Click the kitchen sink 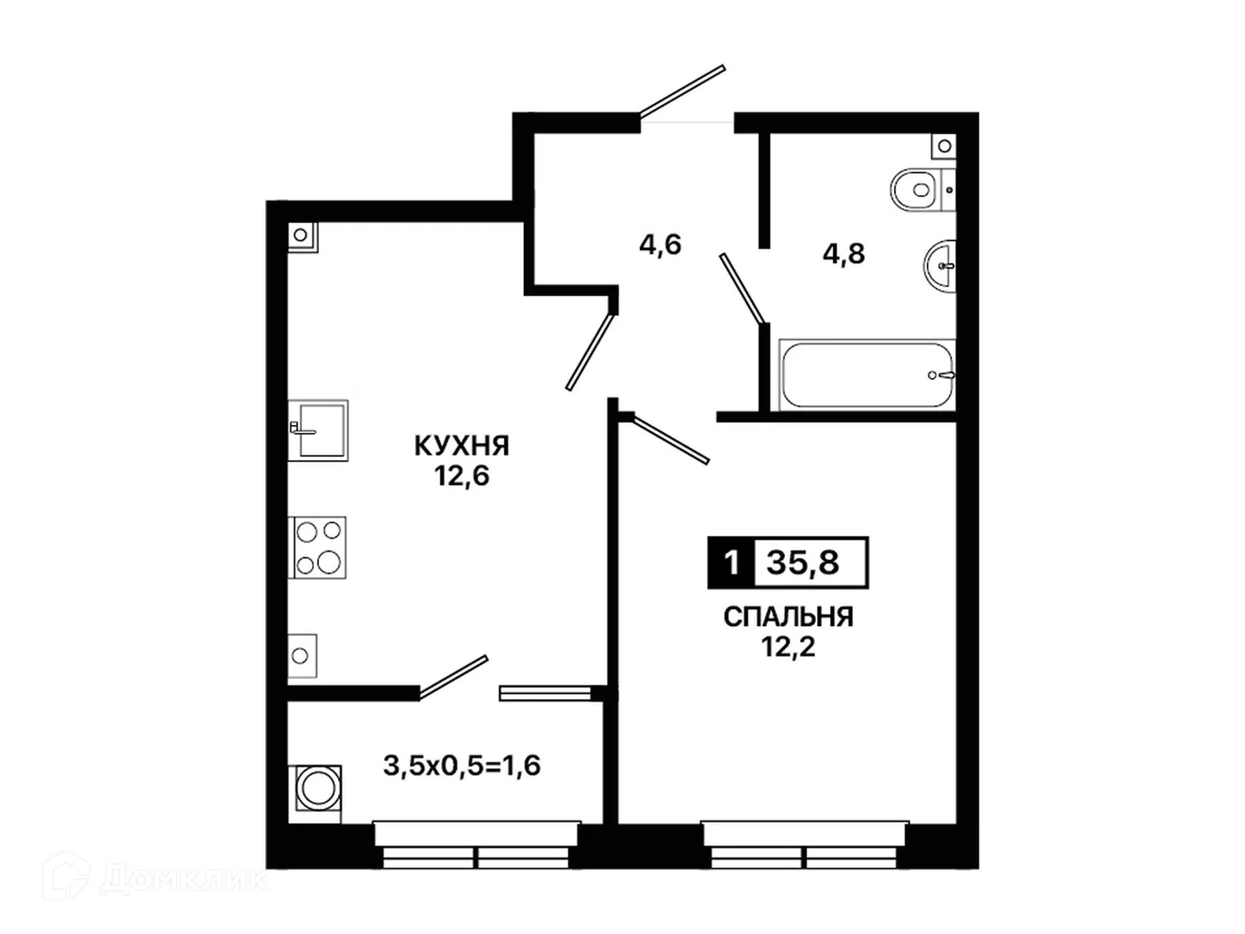click(x=317, y=431)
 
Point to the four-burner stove click(x=317, y=547)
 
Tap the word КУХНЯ click(x=462, y=445)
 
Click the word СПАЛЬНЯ click(x=788, y=617)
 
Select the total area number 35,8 click(x=802, y=563)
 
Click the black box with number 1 click(x=731, y=562)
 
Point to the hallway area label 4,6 click(x=661, y=245)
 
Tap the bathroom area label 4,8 click(x=844, y=253)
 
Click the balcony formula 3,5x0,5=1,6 click(x=462, y=765)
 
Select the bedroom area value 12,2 click(x=788, y=647)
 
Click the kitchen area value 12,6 click(x=462, y=476)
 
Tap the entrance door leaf click(x=682, y=91)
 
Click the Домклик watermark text click(x=183, y=880)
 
